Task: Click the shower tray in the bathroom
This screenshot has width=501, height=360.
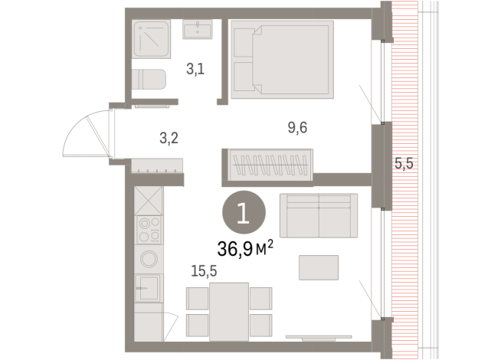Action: [152, 40]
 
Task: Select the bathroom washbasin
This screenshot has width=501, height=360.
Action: [201, 30]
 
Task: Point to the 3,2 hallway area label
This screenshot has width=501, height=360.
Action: [169, 139]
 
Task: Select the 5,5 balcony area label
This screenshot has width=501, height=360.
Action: [404, 162]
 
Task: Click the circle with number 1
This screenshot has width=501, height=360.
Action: [243, 213]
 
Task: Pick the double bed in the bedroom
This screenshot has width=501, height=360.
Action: [282, 61]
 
